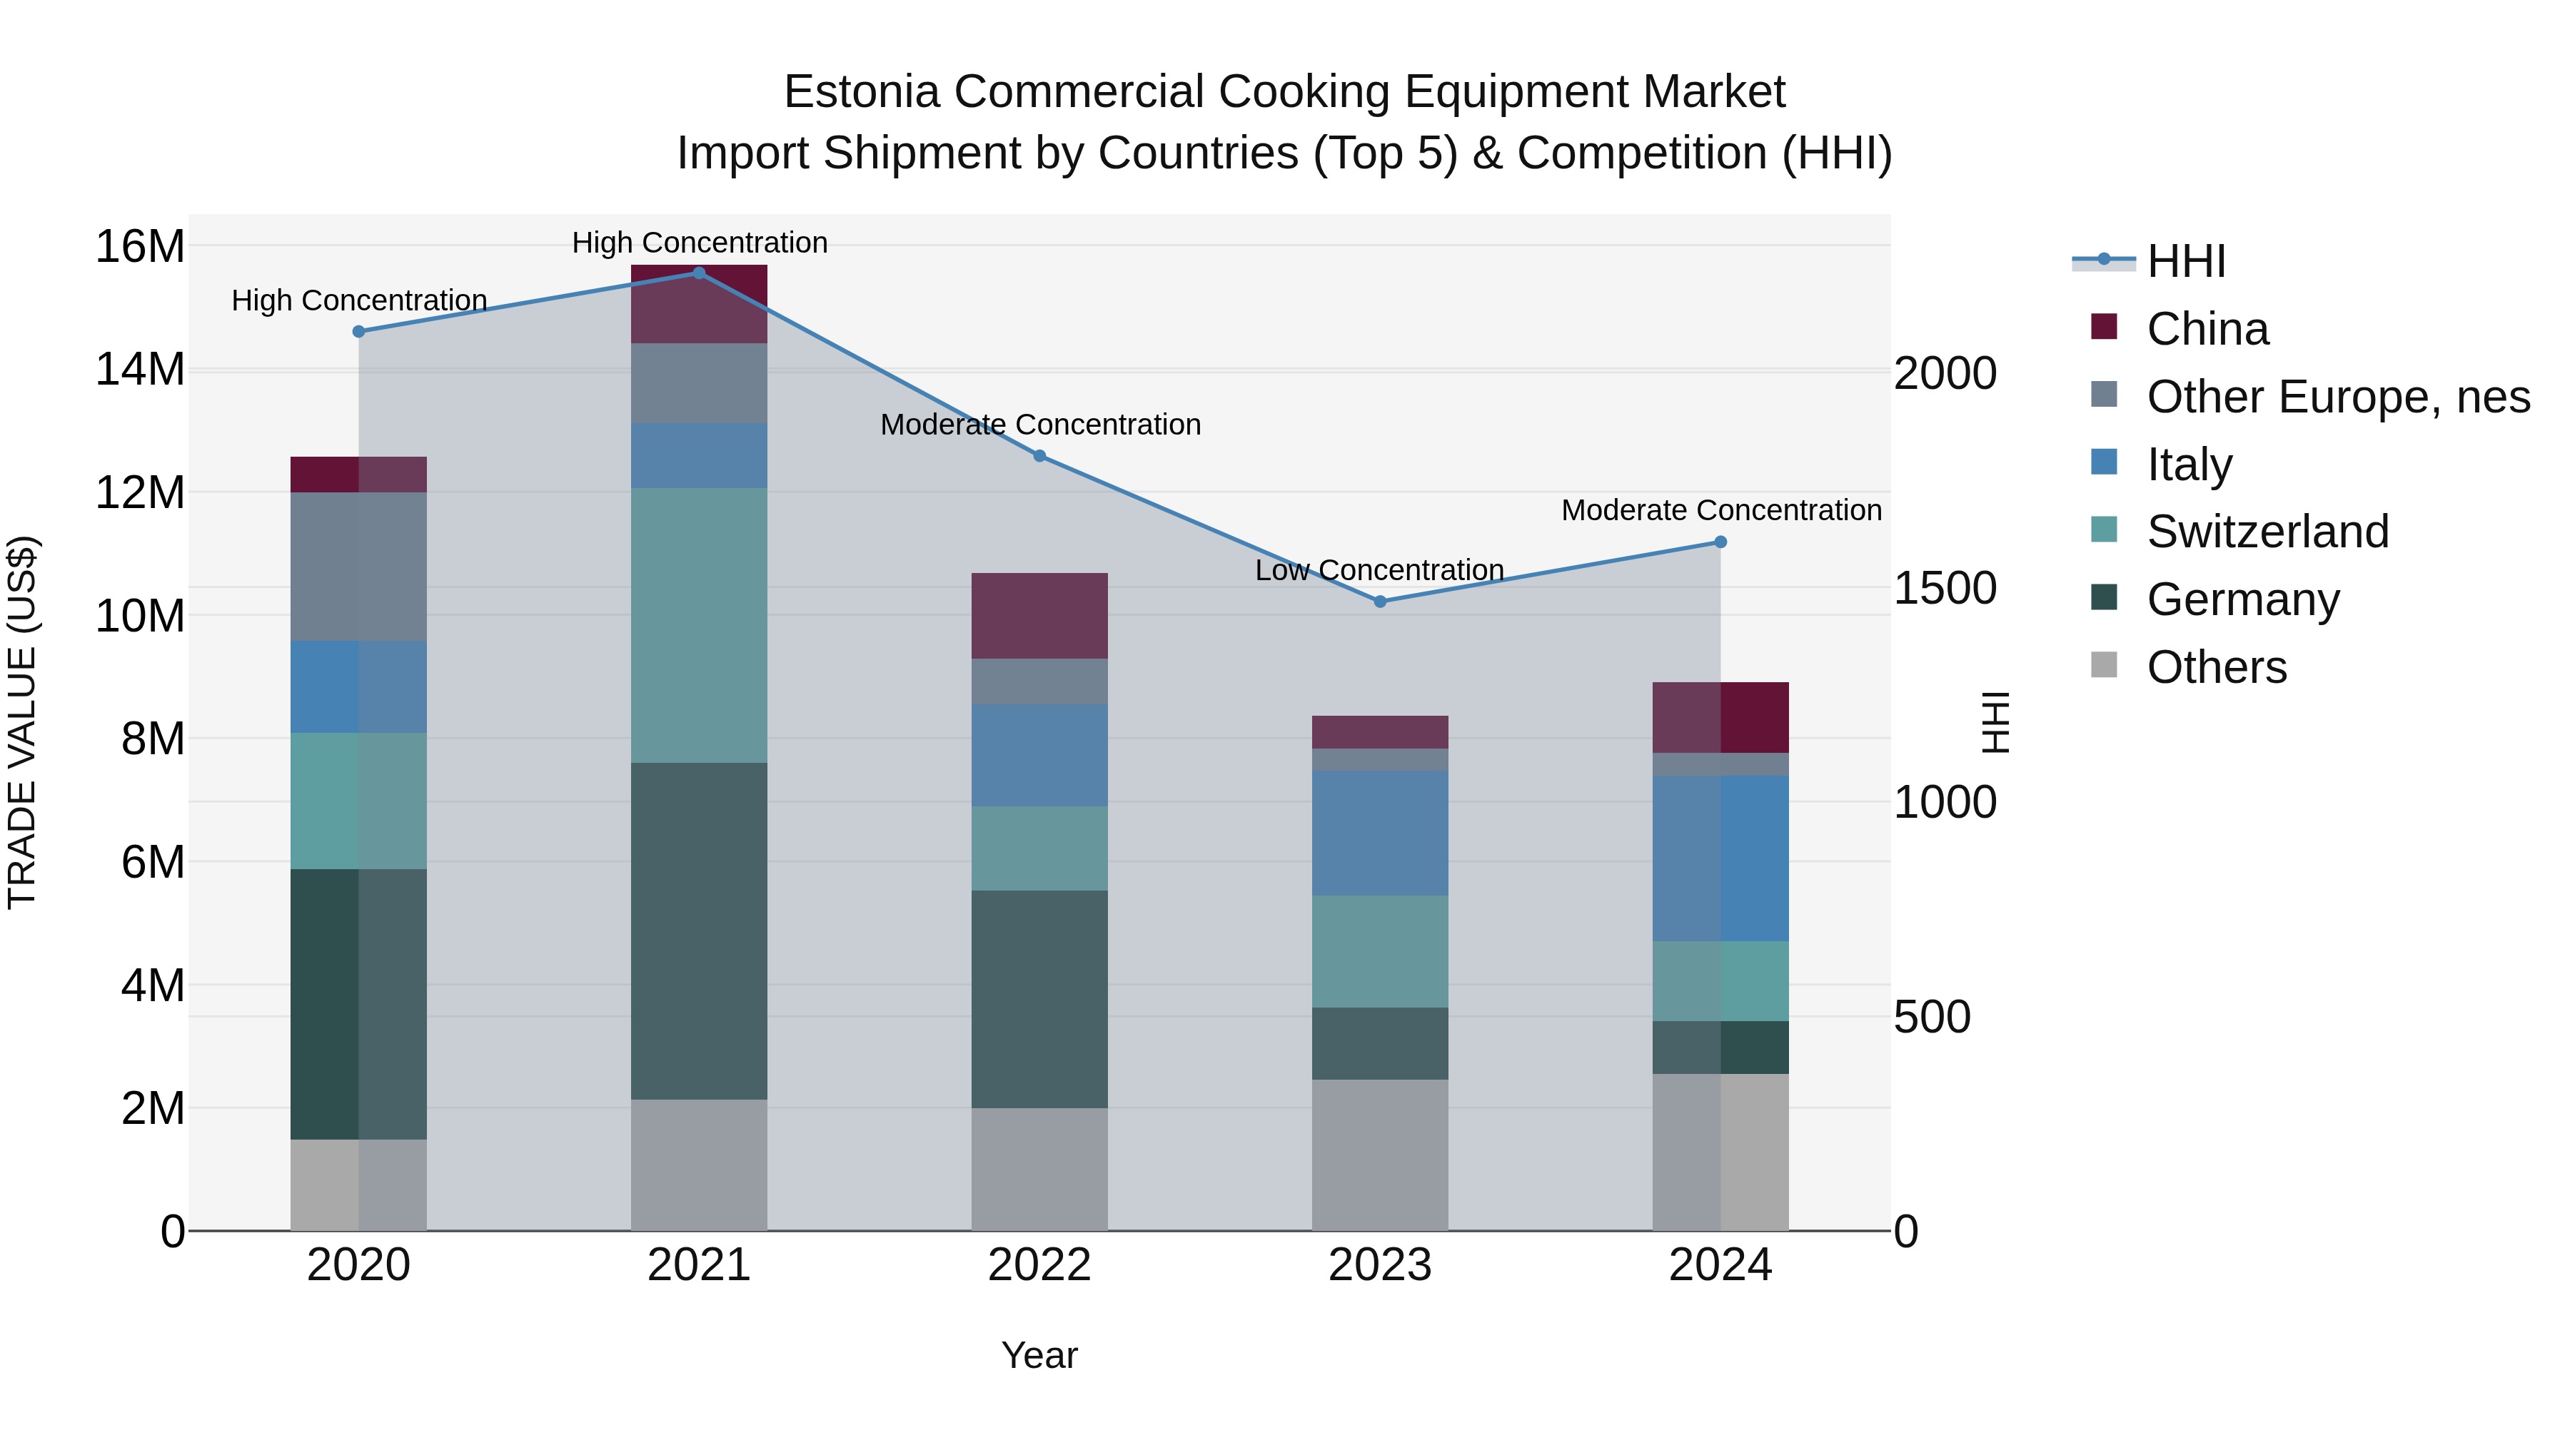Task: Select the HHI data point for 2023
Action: [x=1380, y=602]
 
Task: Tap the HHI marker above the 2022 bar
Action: [x=1039, y=456]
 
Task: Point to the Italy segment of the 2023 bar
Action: [x=1380, y=833]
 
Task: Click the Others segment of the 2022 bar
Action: [x=1039, y=1169]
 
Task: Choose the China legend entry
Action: [x=2207, y=329]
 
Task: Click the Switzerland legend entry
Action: [x=2267, y=532]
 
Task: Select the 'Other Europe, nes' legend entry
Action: [x=2337, y=397]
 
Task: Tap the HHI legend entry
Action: [x=2185, y=261]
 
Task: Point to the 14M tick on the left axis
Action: [x=140, y=370]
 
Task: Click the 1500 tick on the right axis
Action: [x=1945, y=589]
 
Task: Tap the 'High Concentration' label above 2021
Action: [x=700, y=243]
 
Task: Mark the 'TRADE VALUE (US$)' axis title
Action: [x=23, y=722]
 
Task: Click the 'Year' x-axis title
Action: [x=1039, y=1355]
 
